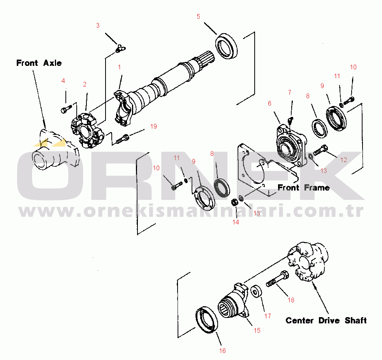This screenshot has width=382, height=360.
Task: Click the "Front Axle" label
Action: tap(39, 63)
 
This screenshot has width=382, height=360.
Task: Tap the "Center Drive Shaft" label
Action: tap(326, 321)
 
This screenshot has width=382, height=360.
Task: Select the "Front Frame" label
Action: tap(303, 188)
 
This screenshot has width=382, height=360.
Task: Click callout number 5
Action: tap(198, 16)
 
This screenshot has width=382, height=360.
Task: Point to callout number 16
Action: tap(222, 351)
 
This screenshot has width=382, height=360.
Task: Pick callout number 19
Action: tap(153, 126)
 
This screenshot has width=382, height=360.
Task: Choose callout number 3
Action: tap(98, 26)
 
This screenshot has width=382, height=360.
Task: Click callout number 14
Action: tap(236, 222)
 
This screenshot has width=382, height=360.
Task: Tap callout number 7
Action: tap(289, 92)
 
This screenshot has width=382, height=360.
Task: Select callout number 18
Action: tap(291, 300)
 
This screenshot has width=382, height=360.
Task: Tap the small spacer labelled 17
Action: tap(256, 292)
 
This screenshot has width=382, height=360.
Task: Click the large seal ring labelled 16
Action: tap(206, 319)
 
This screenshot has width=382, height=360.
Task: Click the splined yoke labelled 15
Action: tap(234, 302)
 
